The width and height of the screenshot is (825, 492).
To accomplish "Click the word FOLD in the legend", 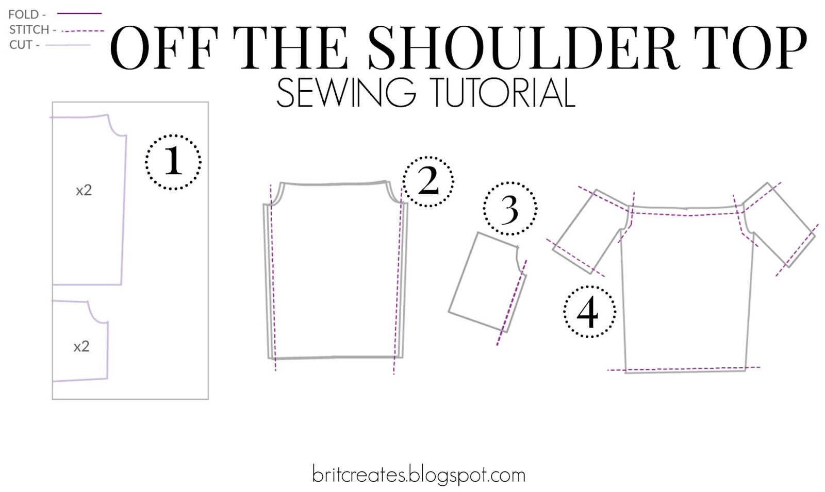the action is pos(24,14).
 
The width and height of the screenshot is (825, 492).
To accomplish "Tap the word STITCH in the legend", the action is pos(29,29).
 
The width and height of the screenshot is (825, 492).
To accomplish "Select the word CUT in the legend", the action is pos(21,45).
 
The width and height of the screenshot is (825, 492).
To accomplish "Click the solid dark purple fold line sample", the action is pos(79,13).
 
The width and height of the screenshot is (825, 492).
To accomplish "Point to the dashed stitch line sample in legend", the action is pos(82,31).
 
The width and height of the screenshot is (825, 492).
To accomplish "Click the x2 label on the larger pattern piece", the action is pos(84,190).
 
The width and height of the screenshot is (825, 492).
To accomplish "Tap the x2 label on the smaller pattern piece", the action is pos(81,347).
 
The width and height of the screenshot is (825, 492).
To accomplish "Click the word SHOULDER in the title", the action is pos(524,48).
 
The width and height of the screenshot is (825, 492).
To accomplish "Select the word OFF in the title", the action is pos(164,48).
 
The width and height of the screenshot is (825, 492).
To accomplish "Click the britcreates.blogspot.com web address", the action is pos(418,475).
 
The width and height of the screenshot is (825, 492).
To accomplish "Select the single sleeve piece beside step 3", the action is pos(487,282).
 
